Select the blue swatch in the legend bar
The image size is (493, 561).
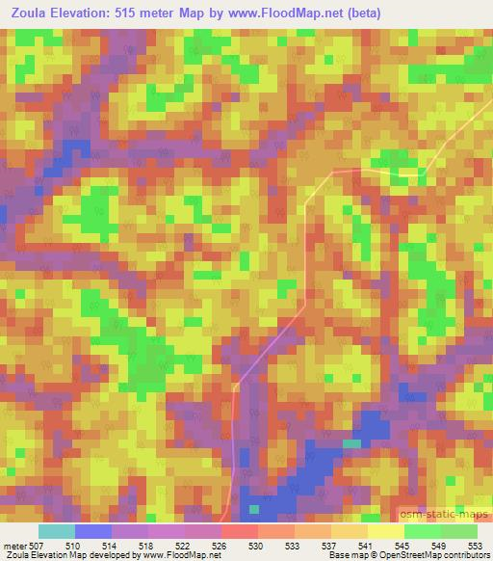[x=92, y=531]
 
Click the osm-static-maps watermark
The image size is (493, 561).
[x=445, y=514]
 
